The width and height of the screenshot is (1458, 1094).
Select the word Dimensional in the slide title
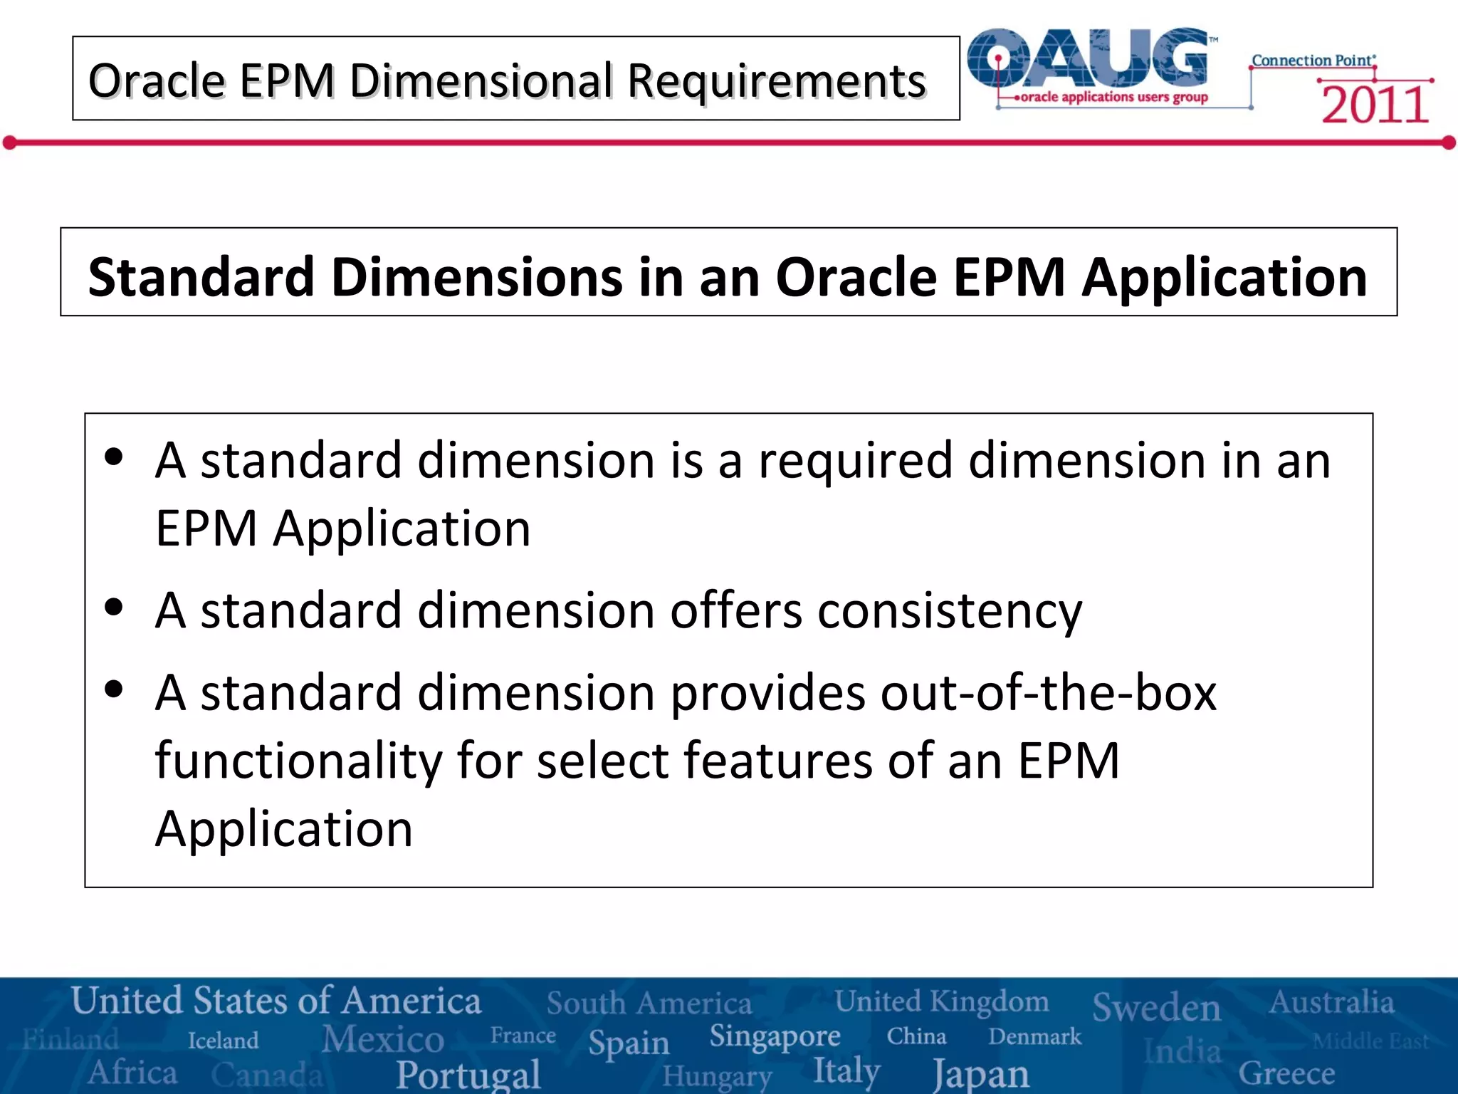481,80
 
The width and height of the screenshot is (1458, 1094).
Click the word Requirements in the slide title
777,80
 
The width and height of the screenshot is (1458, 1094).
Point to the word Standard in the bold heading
201,276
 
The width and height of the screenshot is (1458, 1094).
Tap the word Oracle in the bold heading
855,276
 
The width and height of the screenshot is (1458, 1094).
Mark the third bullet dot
114,689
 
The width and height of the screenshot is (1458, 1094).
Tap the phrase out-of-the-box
1048,692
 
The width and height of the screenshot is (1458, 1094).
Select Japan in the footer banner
981,1073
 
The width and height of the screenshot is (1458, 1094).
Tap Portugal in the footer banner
468,1074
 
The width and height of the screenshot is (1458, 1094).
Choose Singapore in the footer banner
775,1036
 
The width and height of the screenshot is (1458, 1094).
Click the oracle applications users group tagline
1113,97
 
